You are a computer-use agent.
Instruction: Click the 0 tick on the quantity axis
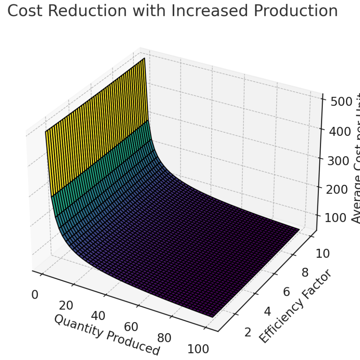point(35,295)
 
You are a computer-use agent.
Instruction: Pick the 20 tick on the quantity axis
point(66,305)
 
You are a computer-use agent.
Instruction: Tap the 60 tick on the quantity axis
point(131,327)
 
